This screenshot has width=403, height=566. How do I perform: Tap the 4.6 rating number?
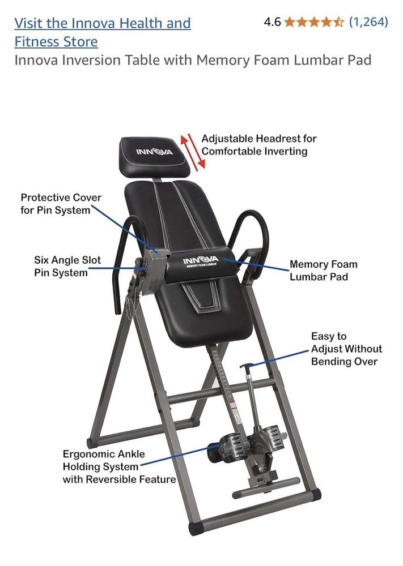pos(272,22)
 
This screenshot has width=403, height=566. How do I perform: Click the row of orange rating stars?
pos(313,22)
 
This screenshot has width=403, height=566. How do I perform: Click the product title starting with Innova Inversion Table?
pos(193,60)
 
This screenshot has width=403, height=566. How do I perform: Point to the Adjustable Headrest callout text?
pos(258,145)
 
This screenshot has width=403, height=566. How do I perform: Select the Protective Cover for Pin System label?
pos(61,204)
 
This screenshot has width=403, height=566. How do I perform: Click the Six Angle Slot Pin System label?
pos(67,267)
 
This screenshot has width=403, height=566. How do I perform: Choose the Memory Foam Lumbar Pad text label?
pos(323,271)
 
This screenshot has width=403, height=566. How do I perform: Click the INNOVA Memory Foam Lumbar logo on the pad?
pos(201,262)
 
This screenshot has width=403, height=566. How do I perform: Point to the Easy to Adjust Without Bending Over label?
pos(346,349)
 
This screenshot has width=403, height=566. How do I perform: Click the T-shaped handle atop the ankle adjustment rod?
pos(246,368)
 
